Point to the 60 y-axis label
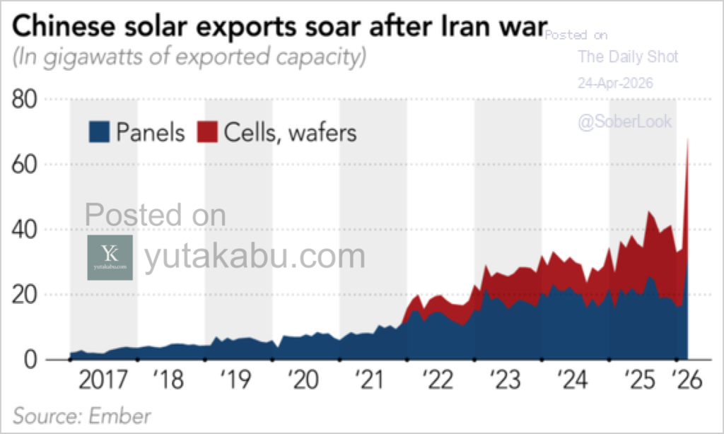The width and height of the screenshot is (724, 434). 26,165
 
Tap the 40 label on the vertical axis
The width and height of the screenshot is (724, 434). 26,230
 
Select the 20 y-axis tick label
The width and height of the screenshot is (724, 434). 26,295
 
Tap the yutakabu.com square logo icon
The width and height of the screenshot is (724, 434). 110,258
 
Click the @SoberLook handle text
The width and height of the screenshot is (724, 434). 624,122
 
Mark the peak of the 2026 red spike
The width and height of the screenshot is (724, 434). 688,139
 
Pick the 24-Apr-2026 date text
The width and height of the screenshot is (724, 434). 615,83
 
